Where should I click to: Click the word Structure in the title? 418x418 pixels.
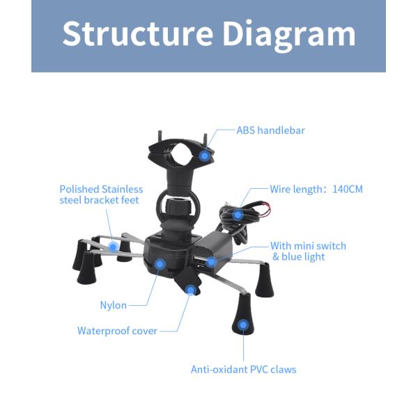[137, 33]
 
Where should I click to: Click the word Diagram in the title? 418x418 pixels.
[289, 36]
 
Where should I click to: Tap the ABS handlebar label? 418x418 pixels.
[270, 130]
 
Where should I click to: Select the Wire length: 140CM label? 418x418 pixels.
[316, 189]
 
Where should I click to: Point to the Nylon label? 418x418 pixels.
[114, 305]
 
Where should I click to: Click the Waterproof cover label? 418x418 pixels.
[117, 331]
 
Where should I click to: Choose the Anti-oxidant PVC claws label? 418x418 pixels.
[243, 369]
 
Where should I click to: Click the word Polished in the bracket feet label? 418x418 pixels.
[79, 189]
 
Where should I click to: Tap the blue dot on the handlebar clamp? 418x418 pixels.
[204, 155]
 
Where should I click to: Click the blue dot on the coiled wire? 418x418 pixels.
[238, 215]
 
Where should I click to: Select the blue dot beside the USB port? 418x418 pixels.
[211, 262]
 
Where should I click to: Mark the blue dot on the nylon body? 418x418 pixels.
[160, 264]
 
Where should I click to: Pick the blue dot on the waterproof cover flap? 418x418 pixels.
[191, 290]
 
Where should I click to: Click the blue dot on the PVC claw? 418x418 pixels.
[243, 325]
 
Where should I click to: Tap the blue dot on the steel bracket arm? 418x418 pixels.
[114, 247]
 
